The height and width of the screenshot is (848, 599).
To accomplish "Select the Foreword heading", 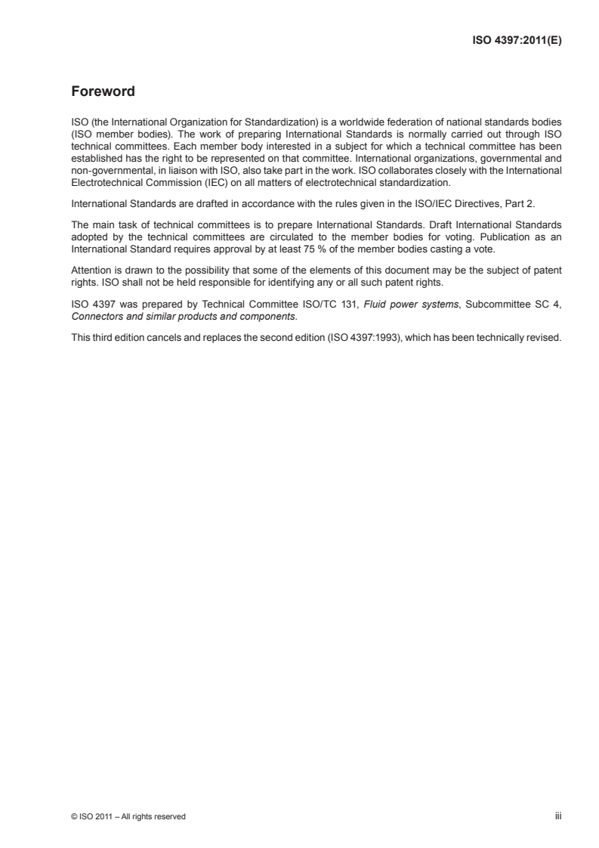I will (103, 92).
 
